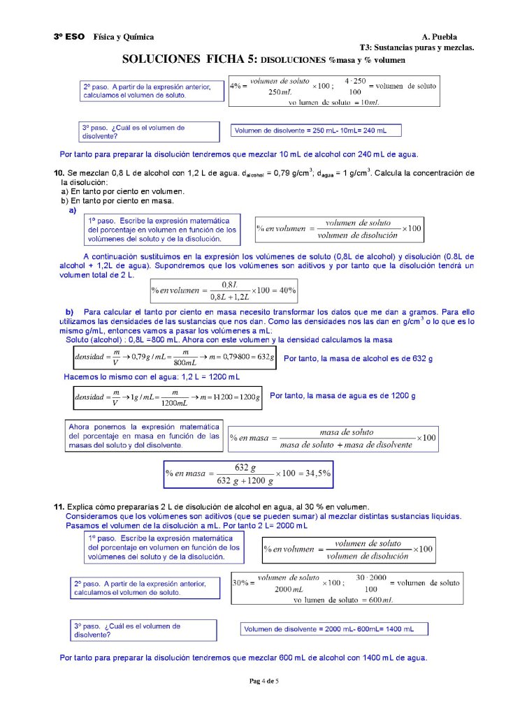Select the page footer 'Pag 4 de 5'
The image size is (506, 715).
pos(264,681)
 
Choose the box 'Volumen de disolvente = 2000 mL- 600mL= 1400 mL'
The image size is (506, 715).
pos(333,629)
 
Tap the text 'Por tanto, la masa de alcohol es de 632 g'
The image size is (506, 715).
pos(358,358)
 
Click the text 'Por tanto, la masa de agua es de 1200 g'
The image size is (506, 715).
pos(342,396)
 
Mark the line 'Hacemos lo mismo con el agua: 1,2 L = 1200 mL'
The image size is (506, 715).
pos(152,377)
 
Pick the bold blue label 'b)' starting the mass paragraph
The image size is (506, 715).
pos(69,311)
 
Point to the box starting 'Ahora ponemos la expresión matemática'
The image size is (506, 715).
pos(144,436)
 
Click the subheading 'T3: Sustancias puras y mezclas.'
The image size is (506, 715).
pos(417,47)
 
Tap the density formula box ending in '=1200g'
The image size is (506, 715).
pos(168,398)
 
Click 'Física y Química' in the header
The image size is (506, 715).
pos(124,36)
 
